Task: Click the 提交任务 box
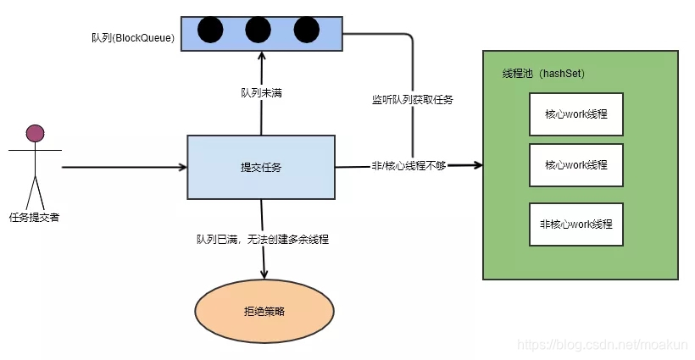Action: pos(261,167)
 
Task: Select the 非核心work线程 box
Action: pos(575,225)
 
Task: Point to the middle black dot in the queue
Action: pos(258,30)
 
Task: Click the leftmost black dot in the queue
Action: pos(209,30)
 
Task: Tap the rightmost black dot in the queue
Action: pos(306,30)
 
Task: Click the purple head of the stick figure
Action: pos(35,132)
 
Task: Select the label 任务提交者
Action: pos(35,217)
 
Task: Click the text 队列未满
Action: pos(261,91)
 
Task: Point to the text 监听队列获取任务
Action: pos(413,100)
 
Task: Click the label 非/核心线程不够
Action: pos(409,166)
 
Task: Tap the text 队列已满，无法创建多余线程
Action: pos(262,239)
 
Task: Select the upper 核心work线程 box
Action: pos(575,114)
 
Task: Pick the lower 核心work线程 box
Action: pos(575,164)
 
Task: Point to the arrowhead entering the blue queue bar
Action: pos(262,54)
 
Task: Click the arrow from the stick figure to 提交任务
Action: pos(123,167)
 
